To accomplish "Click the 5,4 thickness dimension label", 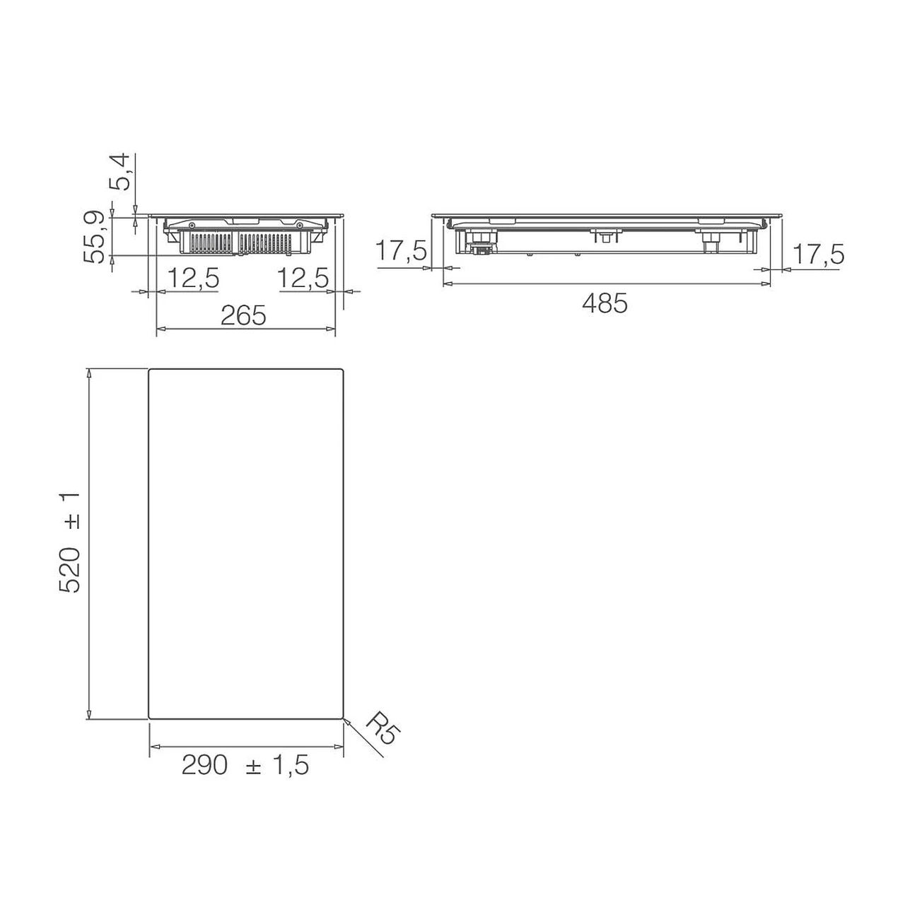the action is coord(118,171).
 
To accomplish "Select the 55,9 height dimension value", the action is coord(94,237).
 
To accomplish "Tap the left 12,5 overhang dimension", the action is coord(193,278).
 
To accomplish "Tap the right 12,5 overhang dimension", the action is coord(303,278).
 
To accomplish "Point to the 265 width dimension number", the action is coord(243,315).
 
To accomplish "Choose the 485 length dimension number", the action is coord(605,303).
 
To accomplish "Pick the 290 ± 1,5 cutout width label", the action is coord(245,766).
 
